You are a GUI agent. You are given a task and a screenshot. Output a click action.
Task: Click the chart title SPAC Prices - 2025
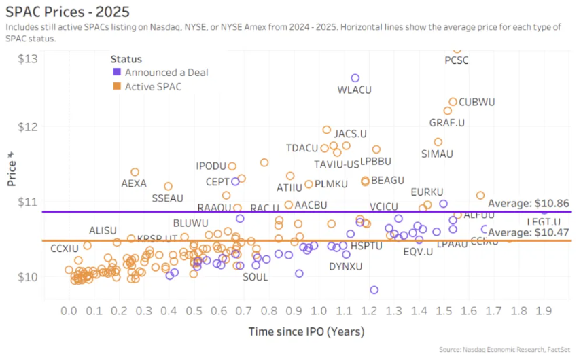[67, 12]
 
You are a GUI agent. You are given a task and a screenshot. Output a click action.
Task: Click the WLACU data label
[355, 89]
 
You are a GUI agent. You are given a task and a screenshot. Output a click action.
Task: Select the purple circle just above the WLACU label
[355, 78]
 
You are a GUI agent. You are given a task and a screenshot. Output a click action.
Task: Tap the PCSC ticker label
[456, 60]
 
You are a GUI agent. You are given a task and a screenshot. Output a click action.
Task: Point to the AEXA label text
[134, 183]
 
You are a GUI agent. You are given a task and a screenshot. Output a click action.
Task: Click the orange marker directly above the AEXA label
[135, 172]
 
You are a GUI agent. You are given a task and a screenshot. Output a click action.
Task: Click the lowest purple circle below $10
[374, 290]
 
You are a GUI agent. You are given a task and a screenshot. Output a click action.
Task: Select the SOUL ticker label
[255, 276]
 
